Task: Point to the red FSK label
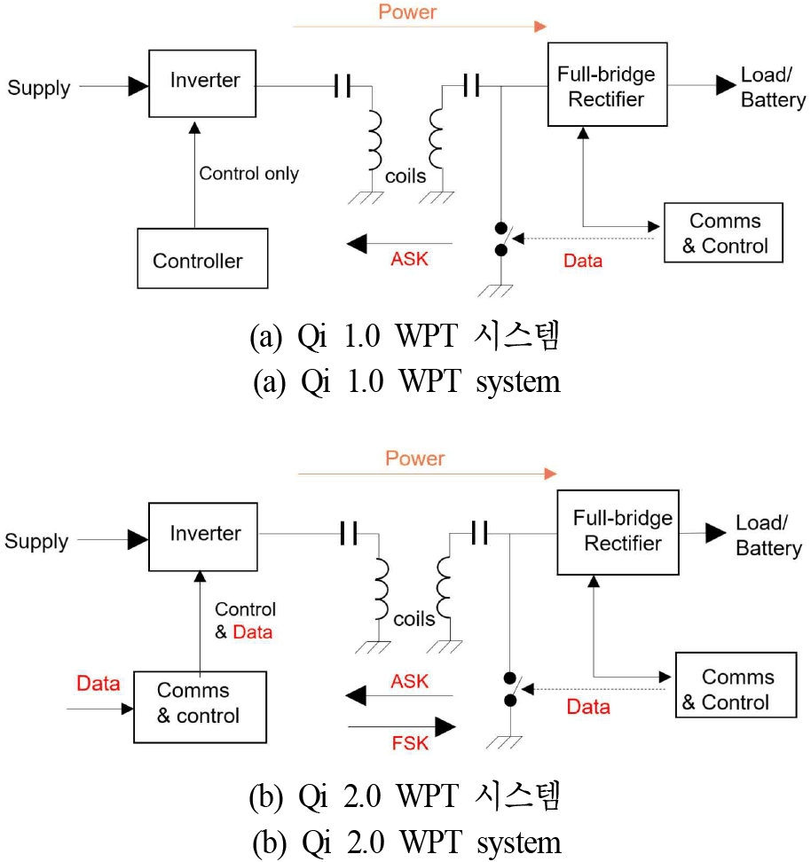tap(410, 743)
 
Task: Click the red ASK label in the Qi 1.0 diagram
tap(409, 259)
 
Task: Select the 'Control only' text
tap(248, 174)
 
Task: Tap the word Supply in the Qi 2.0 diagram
tap(37, 542)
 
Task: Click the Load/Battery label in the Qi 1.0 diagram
tap(773, 88)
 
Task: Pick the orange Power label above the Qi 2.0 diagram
tap(415, 458)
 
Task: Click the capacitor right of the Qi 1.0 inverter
tap(343, 86)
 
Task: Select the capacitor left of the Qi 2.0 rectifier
tap(480, 533)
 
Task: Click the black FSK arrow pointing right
tap(402, 727)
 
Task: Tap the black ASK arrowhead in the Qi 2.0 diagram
tap(356, 695)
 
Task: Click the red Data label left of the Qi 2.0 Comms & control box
tap(98, 684)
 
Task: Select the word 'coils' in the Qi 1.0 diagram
tap(405, 176)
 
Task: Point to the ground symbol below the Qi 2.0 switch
tap(504, 742)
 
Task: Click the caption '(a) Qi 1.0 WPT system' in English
tap(406, 381)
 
